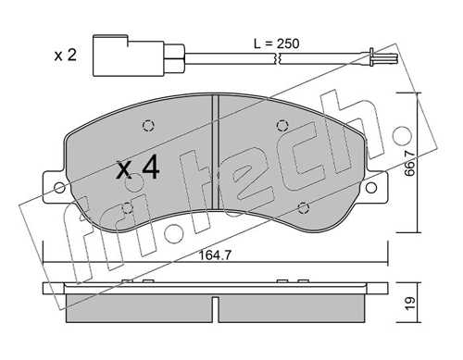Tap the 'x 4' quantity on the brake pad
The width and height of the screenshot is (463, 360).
click(140, 168)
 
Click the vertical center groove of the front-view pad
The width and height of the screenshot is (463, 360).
click(214, 157)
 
